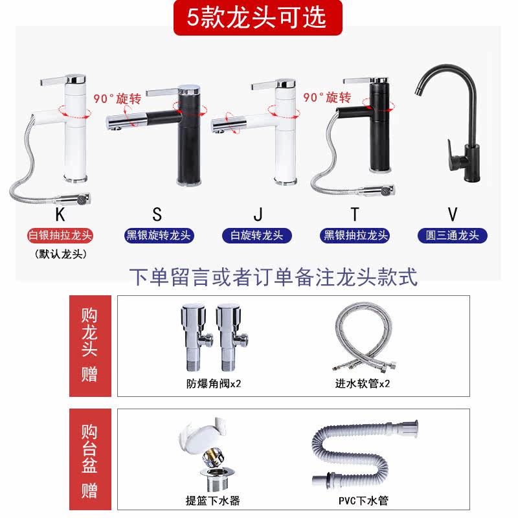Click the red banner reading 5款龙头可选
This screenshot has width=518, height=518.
coord(258,17)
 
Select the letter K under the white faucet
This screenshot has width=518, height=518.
coord(60,215)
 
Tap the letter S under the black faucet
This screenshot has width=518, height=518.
coord(157,214)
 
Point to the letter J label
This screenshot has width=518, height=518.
coord(258,214)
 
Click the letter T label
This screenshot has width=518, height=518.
coord(354,214)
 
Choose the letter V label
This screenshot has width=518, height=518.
coord(453,214)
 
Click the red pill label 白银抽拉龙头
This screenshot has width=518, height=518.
coord(60,236)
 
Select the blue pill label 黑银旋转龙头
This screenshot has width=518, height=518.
coord(159,236)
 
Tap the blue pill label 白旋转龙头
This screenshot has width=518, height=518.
coord(257,236)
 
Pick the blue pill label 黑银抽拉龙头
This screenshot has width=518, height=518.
coord(355,236)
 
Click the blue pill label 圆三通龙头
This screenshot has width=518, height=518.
coord(452,236)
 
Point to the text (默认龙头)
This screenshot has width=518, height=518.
coord(60,254)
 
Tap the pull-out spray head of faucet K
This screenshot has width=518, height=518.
coord(73,199)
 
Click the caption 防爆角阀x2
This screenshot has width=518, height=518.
coord(214,383)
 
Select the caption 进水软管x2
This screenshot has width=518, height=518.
coord(363,383)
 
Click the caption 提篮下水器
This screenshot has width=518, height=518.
coord(213,501)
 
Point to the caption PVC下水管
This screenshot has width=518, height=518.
coord(363,501)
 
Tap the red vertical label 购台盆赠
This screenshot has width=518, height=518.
coord(90,459)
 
